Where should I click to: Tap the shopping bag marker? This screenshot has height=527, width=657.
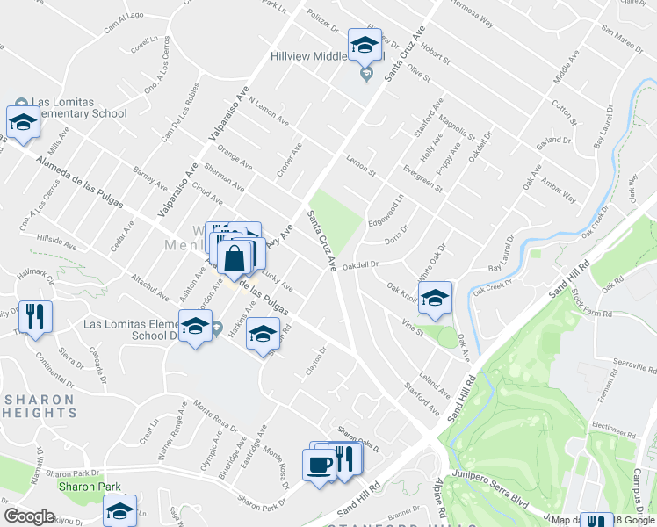point(235,257)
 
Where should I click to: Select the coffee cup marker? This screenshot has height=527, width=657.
point(318,463)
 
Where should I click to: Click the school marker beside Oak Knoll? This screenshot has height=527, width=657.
point(434,298)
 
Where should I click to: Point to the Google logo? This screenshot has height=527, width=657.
point(30,516)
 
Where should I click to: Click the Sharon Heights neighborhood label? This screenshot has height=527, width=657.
point(41,405)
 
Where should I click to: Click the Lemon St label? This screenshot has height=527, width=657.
point(360,162)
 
